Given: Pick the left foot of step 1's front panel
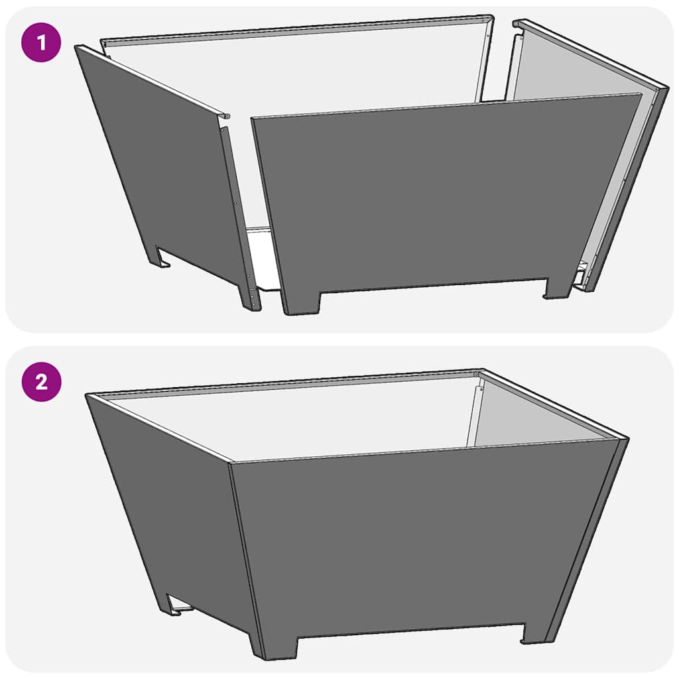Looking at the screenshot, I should point(300,302).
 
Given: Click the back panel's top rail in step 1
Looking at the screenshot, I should point(298,31).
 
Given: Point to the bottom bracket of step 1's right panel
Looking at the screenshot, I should point(581,275).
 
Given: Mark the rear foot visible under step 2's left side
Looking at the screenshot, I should point(174,603).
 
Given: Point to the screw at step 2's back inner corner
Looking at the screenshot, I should point(477,376).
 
